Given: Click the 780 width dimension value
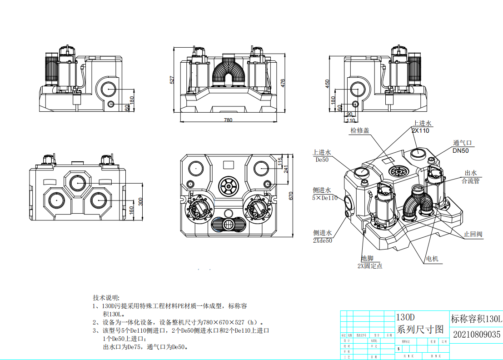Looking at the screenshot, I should (x=228, y=120).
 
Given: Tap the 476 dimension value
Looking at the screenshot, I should (x=283, y=83).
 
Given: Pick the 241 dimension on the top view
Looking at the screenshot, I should (x=286, y=169).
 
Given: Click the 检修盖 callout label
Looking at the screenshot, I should (x=359, y=130).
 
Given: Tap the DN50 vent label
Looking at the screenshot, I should (x=460, y=150).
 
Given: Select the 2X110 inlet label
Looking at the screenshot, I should (x=420, y=130).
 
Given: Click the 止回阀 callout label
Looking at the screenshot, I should (x=473, y=235).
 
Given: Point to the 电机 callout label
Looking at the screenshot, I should (x=432, y=259).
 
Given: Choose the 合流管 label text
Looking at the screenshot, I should (x=470, y=181).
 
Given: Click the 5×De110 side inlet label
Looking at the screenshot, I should (x=325, y=198).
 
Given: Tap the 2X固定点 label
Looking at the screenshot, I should (x=370, y=266).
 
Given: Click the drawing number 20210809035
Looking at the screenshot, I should (x=477, y=335).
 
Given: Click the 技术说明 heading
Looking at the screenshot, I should (x=105, y=297).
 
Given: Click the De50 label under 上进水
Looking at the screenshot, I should (x=322, y=160).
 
